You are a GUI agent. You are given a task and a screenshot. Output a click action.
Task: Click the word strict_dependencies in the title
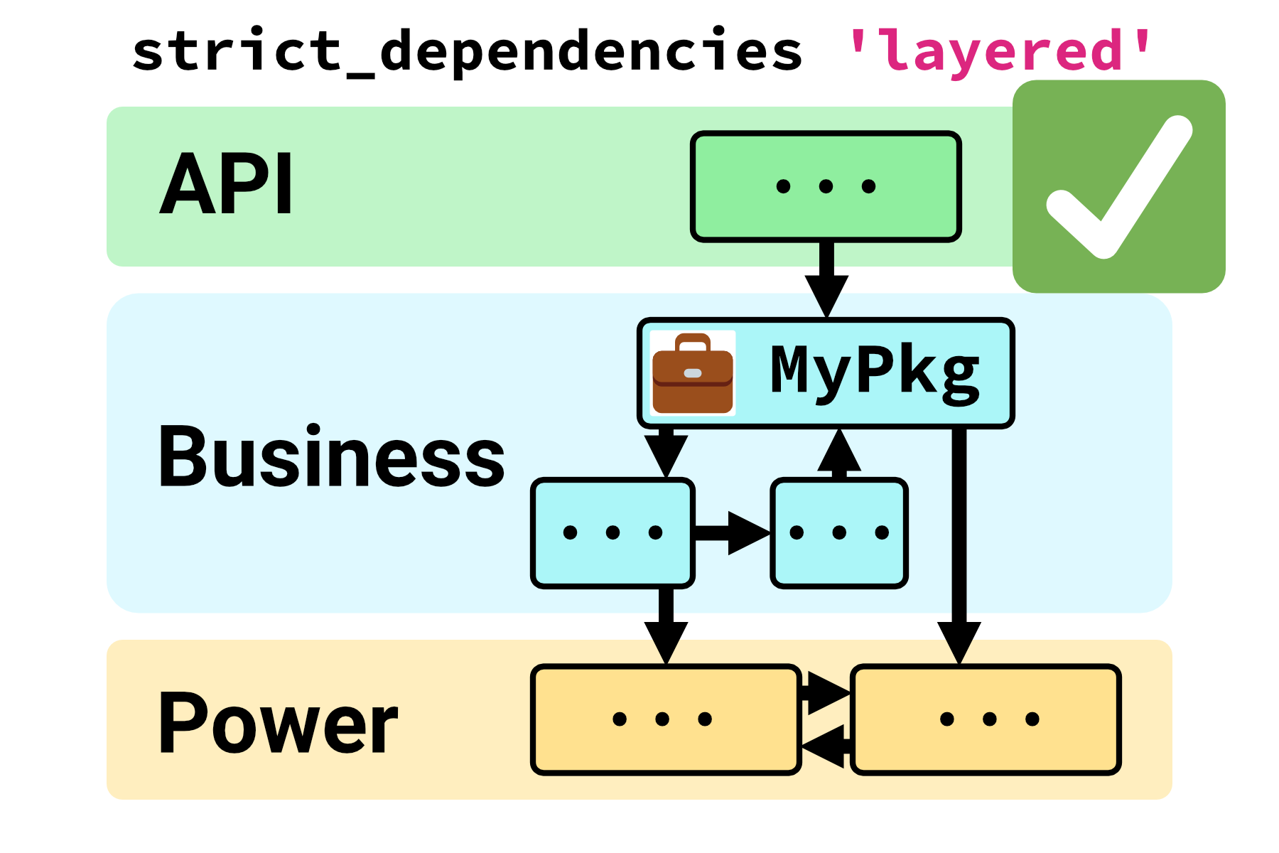point(467,51)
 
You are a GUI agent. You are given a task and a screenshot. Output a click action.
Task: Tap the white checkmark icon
point(1119,186)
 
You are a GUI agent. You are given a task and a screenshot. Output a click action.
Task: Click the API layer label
point(226,184)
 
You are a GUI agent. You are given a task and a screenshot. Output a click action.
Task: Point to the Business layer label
point(330,456)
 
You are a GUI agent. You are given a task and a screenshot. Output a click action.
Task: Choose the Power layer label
point(278,722)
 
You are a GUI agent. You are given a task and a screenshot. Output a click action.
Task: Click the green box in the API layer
point(826,186)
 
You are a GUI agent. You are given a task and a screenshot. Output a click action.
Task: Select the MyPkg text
point(875,372)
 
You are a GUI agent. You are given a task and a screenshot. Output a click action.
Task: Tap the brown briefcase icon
point(692,373)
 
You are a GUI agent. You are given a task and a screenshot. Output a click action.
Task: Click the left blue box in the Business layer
point(612,532)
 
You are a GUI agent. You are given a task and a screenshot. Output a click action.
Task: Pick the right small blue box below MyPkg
point(839,532)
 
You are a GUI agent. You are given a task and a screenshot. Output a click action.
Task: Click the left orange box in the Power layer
point(666,719)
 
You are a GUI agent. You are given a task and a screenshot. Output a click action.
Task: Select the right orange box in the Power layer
point(986,719)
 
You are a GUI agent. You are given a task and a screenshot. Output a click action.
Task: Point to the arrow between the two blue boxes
point(732,532)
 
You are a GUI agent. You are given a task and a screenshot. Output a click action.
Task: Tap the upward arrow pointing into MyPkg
point(839,454)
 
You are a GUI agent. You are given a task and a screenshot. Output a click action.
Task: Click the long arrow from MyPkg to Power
point(959,540)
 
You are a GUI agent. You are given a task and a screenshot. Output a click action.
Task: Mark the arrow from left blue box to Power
point(666,626)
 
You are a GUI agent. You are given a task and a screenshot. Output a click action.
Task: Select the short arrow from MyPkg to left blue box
point(666,452)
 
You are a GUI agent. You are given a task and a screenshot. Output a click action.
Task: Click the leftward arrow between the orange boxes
point(826,746)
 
